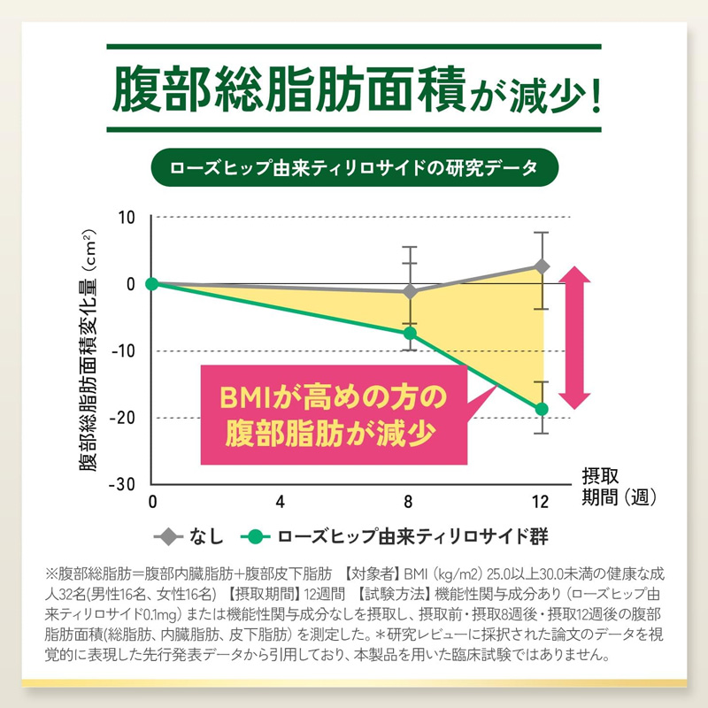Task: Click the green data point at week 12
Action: [x=543, y=409]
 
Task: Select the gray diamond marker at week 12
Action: [x=543, y=266]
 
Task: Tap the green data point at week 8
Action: [x=410, y=334]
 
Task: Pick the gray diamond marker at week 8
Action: [x=410, y=291]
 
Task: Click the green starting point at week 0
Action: [x=152, y=283]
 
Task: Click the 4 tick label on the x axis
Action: [x=281, y=502]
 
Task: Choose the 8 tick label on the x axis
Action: [x=410, y=502]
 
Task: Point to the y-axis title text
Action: [x=88, y=354]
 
